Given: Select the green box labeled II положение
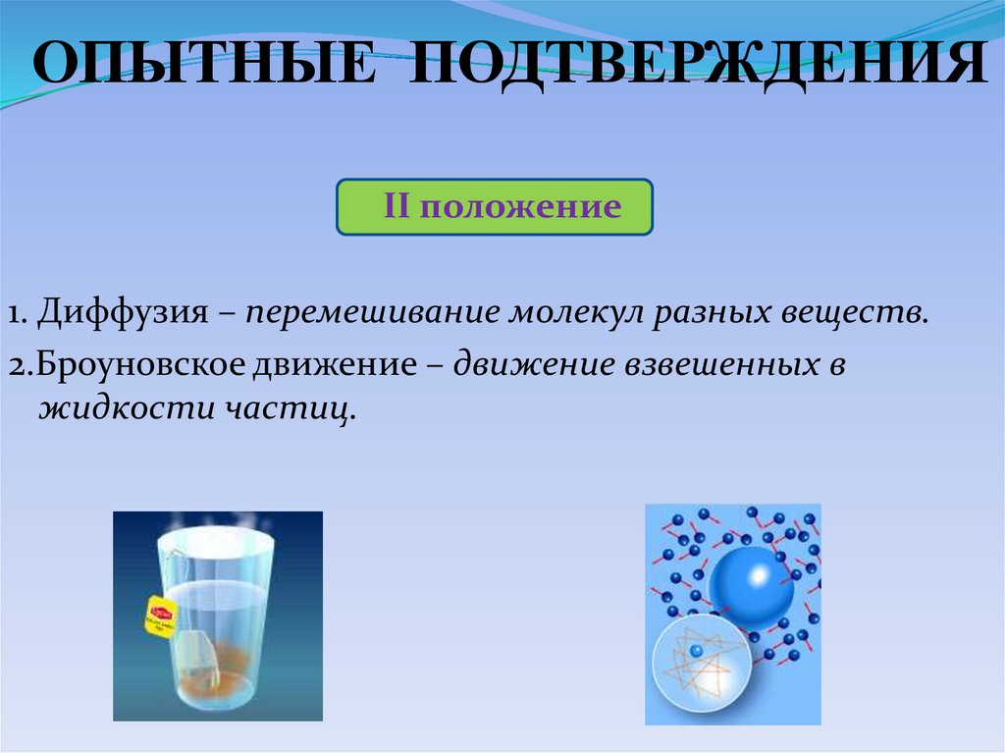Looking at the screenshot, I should pos(495,207).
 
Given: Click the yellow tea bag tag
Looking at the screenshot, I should pos(159,617).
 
